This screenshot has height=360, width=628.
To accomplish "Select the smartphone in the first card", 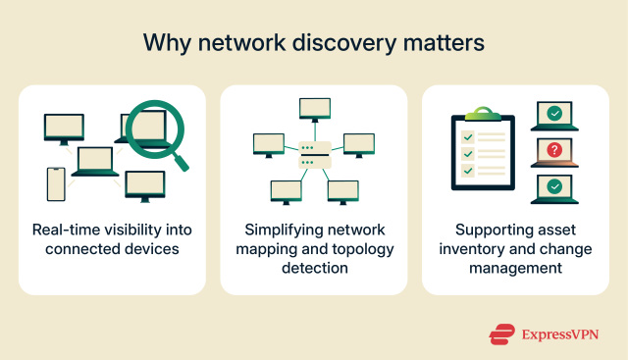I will pos(56,182).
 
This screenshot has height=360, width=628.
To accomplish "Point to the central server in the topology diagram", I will pos(313,154).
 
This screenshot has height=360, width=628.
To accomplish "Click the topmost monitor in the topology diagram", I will pos(314,109).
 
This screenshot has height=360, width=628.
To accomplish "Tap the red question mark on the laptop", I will pos(555,150).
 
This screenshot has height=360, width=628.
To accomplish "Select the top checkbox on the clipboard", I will pos(467,136).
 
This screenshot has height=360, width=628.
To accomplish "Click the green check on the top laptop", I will pos(555,115).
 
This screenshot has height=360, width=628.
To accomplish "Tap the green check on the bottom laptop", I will pos(555,185).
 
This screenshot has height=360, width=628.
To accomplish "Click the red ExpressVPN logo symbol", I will pos(501,334).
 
